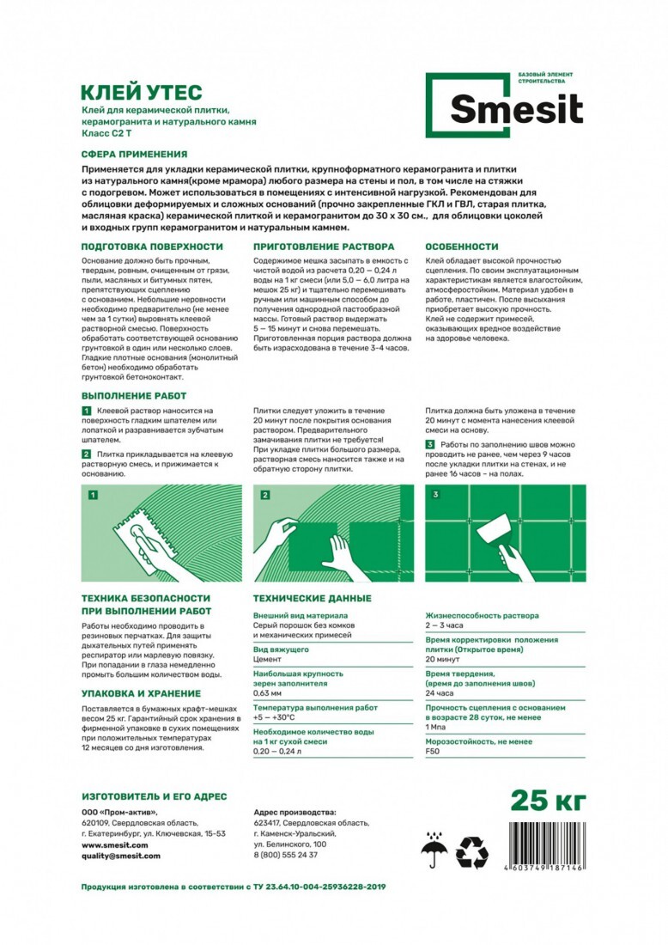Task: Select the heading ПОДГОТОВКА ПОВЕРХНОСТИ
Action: click(x=152, y=247)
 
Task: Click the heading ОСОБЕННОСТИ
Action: click(x=462, y=247)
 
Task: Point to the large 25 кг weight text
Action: click(x=549, y=801)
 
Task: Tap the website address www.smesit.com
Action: click(x=114, y=844)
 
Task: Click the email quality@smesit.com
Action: click(x=120, y=856)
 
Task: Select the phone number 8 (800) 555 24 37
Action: click(x=286, y=855)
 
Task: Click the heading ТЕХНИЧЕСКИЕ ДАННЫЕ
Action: click(x=312, y=598)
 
